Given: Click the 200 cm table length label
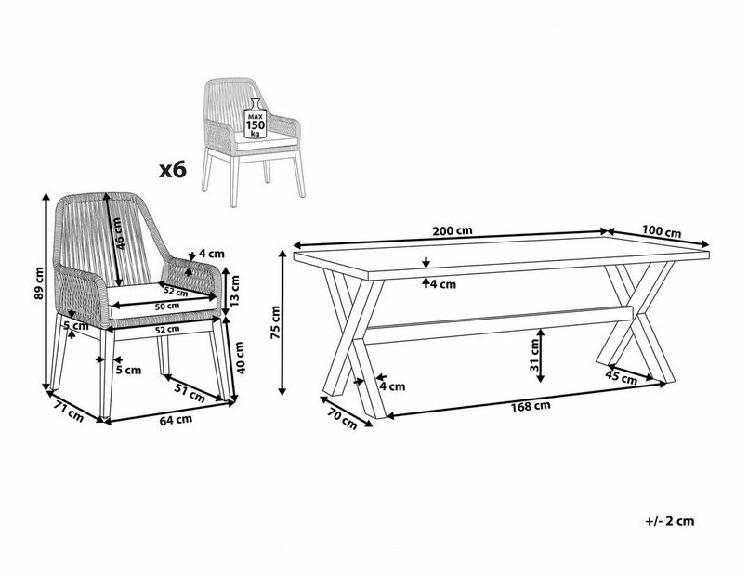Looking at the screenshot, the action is tap(453, 230).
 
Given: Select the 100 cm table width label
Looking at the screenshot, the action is tap(662, 231).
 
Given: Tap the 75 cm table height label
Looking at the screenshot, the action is tap(275, 322).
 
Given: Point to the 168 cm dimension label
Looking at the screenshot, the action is tap(531, 406).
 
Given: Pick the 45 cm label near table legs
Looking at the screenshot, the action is tap(621, 376).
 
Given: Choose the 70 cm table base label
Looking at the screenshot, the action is tap(342, 419).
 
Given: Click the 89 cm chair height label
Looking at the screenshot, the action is tap(39, 283).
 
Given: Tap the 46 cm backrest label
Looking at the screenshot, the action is tap(119, 234).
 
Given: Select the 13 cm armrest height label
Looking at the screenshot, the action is tap(235, 292).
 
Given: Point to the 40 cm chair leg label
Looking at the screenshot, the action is tap(239, 358).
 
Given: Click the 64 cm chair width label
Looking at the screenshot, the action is tap(176, 420).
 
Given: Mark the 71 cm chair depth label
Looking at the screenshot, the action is tap(69, 412).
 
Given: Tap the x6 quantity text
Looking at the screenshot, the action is tap(172, 170).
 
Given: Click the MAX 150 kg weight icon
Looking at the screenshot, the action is tap(256, 119).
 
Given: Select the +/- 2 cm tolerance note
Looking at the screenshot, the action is tap(670, 520).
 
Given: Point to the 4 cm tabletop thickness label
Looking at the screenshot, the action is tap(443, 284).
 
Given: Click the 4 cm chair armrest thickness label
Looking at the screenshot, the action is tap(211, 255).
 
